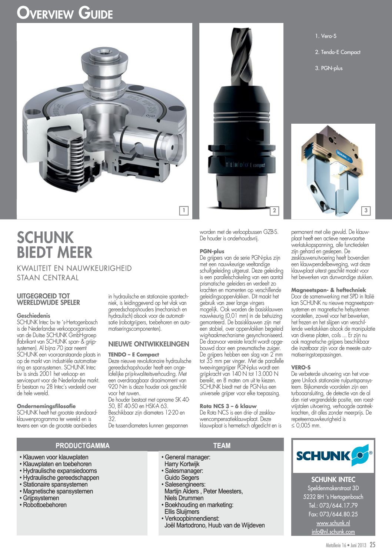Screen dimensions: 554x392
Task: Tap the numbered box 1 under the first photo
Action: [x=183, y=211]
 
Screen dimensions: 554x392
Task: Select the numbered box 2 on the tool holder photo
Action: [x=274, y=211]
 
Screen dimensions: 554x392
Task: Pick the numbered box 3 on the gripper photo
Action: [x=366, y=211]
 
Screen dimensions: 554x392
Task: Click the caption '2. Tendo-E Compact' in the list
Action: [x=338, y=52]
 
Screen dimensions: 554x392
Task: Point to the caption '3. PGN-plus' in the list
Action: [x=329, y=68]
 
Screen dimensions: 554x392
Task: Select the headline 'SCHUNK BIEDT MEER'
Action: [x=55, y=245]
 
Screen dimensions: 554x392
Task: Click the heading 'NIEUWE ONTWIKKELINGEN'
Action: [x=149, y=344]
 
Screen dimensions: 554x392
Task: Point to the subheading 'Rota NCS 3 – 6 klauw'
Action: [x=228, y=406]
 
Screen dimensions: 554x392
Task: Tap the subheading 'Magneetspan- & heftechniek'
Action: [x=328, y=290]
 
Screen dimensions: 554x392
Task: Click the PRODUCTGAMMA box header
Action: [x=82, y=445]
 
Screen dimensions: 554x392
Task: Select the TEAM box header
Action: [x=222, y=445]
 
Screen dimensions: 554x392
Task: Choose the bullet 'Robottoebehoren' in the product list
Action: [x=44, y=505]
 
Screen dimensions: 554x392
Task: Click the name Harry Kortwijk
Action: [x=182, y=464]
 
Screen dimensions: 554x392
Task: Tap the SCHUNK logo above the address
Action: [x=333, y=455]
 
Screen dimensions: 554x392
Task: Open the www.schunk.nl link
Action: [x=333, y=523]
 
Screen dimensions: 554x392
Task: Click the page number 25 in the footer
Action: [x=372, y=545]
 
